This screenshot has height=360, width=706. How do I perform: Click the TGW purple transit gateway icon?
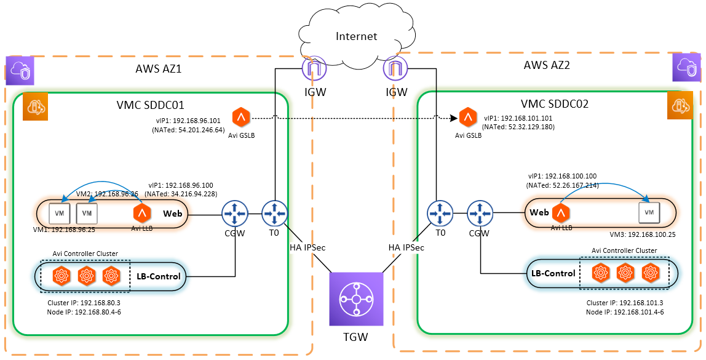click(355, 299)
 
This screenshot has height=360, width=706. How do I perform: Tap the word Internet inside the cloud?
click(357, 36)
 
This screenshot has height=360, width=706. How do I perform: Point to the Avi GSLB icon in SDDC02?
click(469, 116)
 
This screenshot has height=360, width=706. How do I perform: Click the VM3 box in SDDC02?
click(649, 212)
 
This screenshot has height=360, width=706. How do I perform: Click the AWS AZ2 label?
click(547, 65)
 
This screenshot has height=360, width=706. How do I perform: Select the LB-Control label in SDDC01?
click(159, 276)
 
